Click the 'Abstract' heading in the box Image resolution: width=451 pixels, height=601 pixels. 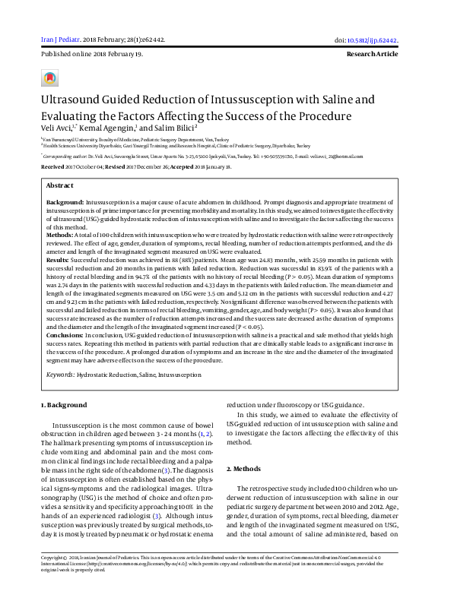point(60,185)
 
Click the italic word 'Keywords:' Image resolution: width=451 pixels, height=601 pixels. point(61,375)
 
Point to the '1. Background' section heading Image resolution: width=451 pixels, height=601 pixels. point(64,405)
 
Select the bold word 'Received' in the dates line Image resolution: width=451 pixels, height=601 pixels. point(53,165)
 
